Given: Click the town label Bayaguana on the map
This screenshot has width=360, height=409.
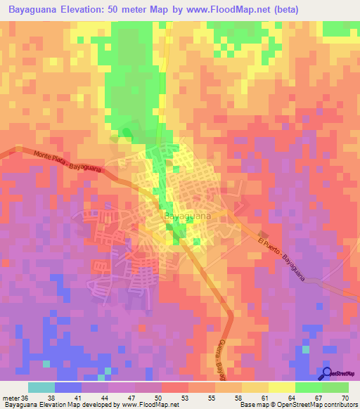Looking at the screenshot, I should [x=186, y=218].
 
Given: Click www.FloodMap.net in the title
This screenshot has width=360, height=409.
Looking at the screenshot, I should [x=227, y=10].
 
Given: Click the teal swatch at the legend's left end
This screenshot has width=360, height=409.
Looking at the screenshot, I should [x=41, y=387].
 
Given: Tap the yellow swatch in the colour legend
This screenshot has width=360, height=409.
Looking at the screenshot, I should [x=282, y=387].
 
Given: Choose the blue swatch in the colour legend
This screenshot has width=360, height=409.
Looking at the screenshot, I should [x=68, y=387].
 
